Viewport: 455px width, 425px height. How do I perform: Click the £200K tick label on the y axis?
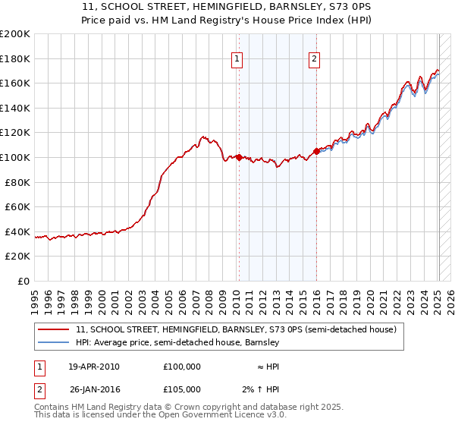(x=15, y=34)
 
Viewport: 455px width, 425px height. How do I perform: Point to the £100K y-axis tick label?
(x=15, y=157)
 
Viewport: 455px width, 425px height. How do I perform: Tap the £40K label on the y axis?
(x=17, y=231)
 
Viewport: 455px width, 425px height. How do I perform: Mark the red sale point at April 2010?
(x=239, y=157)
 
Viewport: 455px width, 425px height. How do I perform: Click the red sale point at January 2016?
(x=316, y=151)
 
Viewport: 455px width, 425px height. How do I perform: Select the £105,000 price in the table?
(x=182, y=390)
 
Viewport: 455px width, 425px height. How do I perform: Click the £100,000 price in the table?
(x=182, y=366)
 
